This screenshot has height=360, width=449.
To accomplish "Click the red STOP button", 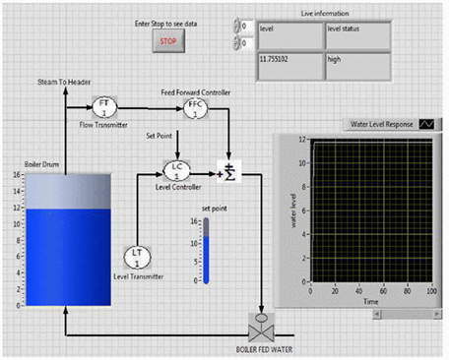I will pos(167,41).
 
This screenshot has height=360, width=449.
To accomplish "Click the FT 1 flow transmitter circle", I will pos(104,107).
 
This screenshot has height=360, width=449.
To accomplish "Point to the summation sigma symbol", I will pos(230,172).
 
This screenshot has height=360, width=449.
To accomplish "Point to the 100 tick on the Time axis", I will pos(431,293).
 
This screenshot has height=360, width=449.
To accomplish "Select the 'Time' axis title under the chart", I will pos(370,303).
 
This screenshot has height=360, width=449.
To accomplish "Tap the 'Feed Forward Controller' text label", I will pos(197,91).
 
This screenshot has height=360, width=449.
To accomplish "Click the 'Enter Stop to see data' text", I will pos(167,22).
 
